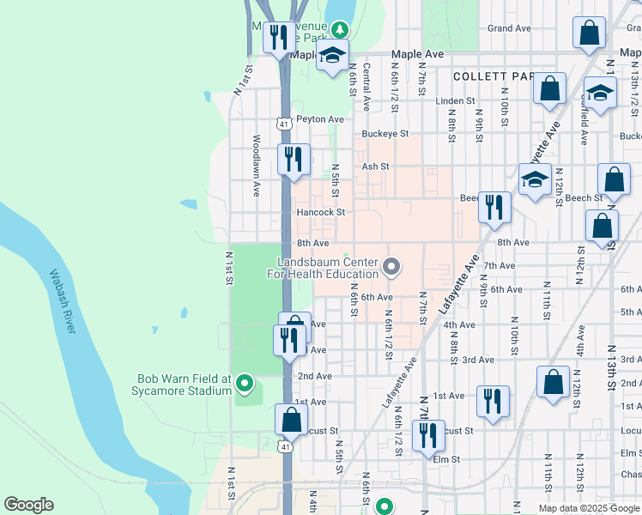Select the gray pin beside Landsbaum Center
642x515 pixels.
pos(392,268)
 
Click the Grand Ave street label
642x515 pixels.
pos(509,28)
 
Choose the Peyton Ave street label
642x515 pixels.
pos(319,119)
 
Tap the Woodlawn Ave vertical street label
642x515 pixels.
pos(256,157)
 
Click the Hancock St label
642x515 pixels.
pos(320,212)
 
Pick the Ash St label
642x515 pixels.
pos(375,167)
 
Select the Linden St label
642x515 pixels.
pos(455,100)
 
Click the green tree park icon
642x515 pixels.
pos(341,29)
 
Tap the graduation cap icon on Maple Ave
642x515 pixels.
pos(332,58)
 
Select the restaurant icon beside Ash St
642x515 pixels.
pos(294,159)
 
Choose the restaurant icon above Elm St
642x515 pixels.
pos(426,433)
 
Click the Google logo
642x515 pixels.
pos(28,505)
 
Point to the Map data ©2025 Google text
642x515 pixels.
pos(589,508)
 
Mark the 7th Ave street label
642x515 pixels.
pos(499,266)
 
